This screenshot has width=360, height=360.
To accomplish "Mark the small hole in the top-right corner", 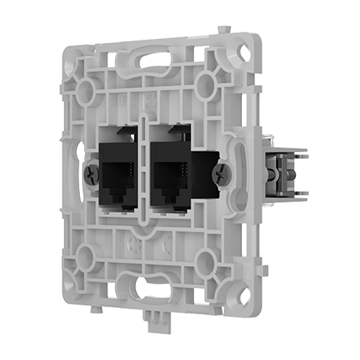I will click(x=244, y=53).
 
